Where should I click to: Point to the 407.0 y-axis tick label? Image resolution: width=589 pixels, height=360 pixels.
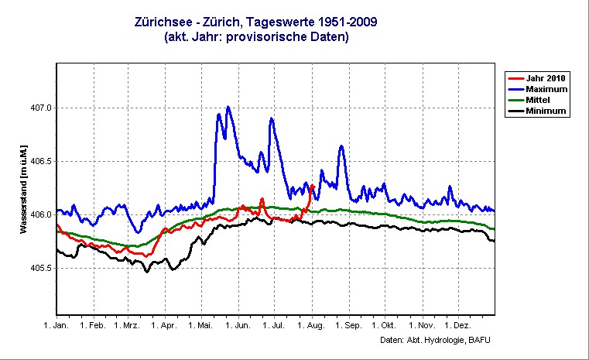[39, 108]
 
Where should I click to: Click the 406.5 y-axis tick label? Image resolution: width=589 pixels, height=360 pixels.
[39, 161]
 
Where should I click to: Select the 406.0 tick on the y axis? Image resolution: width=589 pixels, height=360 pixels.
[39, 214]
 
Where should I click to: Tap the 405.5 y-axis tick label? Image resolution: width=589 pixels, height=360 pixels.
[39, 268]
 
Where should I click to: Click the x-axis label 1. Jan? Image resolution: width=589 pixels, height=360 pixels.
[57, 326]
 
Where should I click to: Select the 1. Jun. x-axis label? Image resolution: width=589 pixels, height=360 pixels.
[237, 326]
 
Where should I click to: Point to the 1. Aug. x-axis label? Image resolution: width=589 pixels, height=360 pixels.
[310, 326]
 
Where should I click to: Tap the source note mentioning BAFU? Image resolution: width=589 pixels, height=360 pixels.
[436, 340]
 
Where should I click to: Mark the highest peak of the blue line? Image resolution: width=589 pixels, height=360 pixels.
[228, 107]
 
